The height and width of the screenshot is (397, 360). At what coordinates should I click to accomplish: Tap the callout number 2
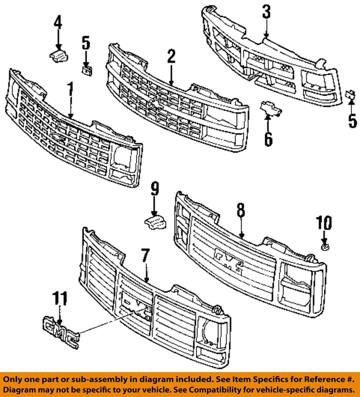point(171,57)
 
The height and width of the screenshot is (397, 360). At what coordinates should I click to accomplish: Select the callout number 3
point(266,12)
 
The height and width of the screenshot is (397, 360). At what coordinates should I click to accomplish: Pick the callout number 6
point(268,139)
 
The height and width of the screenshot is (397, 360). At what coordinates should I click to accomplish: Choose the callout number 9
point(154,189)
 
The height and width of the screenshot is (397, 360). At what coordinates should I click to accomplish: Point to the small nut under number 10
point(325,247)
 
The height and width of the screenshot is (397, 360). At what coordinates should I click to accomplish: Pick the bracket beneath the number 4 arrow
point(58,56)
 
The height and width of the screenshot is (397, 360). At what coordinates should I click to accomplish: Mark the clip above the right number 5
point(350,95)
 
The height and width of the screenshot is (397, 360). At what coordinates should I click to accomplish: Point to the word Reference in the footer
point(307,379)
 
